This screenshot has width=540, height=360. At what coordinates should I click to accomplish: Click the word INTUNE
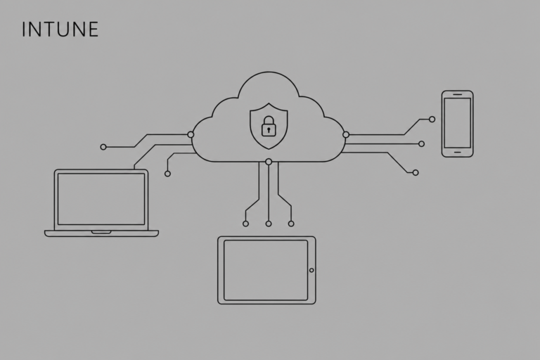pos(60,30)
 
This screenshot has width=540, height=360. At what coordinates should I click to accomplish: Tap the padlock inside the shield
pos(269,126)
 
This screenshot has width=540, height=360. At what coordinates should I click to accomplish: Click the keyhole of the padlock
pos(269,130)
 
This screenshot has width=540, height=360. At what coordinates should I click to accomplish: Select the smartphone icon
pos(457,124)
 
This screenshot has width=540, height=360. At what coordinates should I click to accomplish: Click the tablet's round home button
pos(311,270)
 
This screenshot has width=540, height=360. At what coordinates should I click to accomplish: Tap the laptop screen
pos(101,199)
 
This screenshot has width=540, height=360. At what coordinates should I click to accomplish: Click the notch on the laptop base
pos(101,232)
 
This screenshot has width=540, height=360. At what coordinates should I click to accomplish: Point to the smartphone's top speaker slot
pos(457,94)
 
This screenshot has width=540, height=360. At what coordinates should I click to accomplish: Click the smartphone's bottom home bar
pos(457,152)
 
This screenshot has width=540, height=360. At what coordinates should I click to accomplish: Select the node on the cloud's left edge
pos(191,135)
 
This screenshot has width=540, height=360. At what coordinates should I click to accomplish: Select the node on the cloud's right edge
pos(346,135)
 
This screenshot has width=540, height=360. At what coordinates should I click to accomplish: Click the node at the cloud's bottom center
pos(269,162)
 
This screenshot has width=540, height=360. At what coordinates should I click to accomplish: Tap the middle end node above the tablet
pos(269,224)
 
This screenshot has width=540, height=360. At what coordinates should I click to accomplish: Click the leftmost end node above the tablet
pos(245,224)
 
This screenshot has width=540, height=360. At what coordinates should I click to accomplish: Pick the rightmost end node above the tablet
pos(291,224)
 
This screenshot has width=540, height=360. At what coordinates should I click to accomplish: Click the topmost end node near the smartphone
pos(432,120)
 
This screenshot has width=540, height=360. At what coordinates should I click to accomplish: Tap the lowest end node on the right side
pos(416,172)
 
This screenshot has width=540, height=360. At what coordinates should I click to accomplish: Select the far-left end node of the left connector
pos(103,147)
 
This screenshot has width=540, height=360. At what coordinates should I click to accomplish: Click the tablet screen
pos(266,270)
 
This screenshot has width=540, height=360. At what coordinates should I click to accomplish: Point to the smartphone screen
pos(457,123)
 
